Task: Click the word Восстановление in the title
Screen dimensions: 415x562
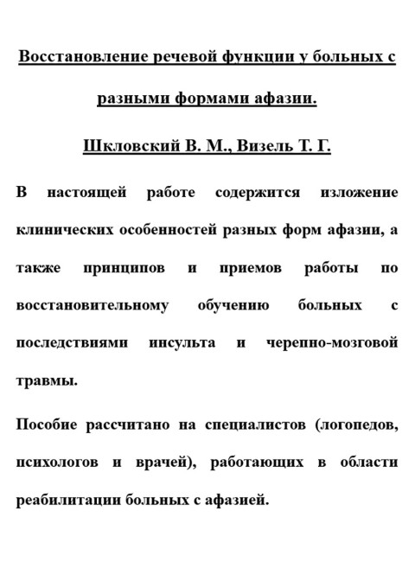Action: (x=76, y=59)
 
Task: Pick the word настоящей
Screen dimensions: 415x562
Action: (x=96, y=192)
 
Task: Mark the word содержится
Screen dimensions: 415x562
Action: (x=256, y=192)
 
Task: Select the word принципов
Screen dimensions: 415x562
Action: (x=124, y=268)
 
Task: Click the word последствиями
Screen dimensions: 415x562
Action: (x=72, y=343)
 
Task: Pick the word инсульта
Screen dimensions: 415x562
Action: (x=182, y=343)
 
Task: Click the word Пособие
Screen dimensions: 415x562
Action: (x=48, y=425)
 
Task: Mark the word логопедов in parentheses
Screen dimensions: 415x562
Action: (x=356, y=425)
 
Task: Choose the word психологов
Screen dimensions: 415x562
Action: (x=56, y=463)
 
